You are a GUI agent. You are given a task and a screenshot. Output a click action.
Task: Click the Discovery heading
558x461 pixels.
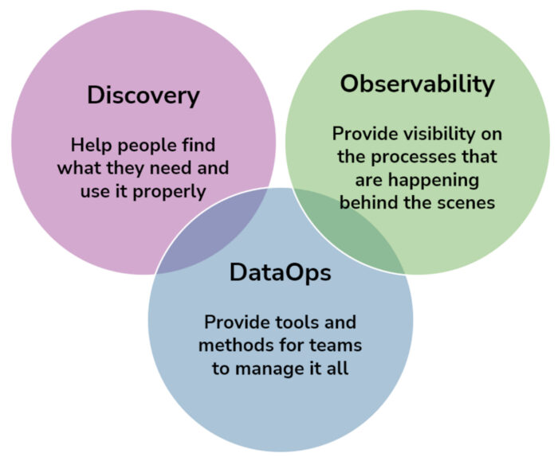[143, 96]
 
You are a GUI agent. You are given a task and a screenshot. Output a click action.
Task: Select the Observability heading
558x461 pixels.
[417, 84]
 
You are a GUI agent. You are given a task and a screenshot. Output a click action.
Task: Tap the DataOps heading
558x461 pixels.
[280, 273]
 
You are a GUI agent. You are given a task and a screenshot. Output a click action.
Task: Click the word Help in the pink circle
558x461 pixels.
[88, 146]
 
